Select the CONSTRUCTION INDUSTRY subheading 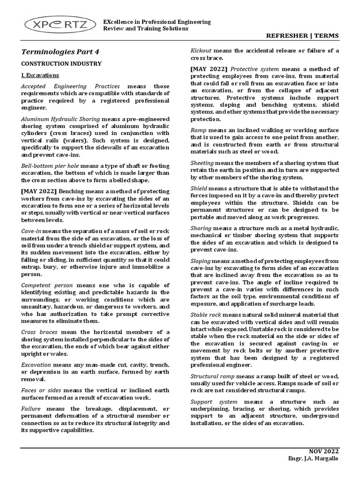tap(61, 63)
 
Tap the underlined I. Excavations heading tap(40, 75)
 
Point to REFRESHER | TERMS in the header tap(302, 36)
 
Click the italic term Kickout tap(201, 51)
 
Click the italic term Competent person tap(47, 285)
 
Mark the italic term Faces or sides tap(42, 390)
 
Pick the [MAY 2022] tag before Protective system tap(208, 68)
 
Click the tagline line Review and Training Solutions tap(146, 29)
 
